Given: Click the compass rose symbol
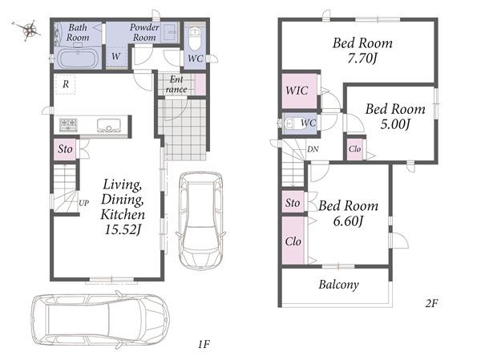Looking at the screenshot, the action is point(29,30).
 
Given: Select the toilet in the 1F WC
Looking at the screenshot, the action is point(195,38).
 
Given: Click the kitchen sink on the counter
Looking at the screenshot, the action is point(108,125).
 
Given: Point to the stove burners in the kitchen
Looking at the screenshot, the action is point(68,124).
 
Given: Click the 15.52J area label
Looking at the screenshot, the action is point(123,229).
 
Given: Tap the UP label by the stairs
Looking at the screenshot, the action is point(83,203).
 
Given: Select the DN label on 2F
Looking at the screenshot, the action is point(313,149).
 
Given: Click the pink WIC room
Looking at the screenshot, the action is point(299,91).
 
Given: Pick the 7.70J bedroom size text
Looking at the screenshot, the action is point(362,58).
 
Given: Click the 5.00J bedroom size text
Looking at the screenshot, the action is point(395,124).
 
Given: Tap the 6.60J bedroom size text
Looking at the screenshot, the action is point(348,220).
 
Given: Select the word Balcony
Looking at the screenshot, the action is point(338,285).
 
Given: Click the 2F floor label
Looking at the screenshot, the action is point(431,303).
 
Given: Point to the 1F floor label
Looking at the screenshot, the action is point(204,344).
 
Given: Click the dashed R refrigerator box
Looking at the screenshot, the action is point(65,84).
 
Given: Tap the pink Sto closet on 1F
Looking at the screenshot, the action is point(65,149).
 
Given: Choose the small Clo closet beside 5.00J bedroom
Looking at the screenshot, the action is point(354,149).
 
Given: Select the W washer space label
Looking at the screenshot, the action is point(115,56).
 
